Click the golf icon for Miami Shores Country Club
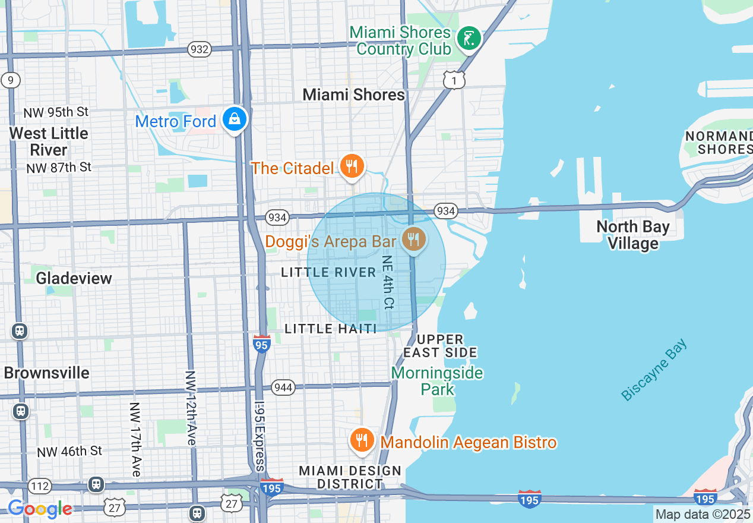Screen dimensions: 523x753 click(x=469, y=39)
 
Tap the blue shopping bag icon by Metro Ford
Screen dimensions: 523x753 click(x=235, y=119)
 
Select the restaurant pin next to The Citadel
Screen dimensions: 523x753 click(x=352, y=167)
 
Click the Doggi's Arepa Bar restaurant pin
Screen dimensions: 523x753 click(x=413, y=240)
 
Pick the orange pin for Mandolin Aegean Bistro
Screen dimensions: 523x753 click(x=361, y=440)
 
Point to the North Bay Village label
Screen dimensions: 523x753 click(x=632, y=235)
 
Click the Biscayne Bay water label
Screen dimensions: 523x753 click(x=654, y=370)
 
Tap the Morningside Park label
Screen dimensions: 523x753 click(x=437, y=381)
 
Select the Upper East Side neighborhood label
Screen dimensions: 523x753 click(x=440, y=346)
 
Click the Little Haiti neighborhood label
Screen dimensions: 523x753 click(x=331, y=329)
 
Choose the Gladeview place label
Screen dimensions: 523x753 click(x=74, y=278)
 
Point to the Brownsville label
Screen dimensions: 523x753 click(x=47, y=373)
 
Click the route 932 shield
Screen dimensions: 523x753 click(x=199, y=49)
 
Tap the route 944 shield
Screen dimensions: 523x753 click(x=283, y=388)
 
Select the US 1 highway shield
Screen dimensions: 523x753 click(x=454, y=80)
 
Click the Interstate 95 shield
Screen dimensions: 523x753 click(x=262, y=344)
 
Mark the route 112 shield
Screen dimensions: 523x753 click(x=40, y=486)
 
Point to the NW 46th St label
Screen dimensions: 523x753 click(x=69, y=451)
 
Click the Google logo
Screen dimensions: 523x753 click(x=40, y=509)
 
